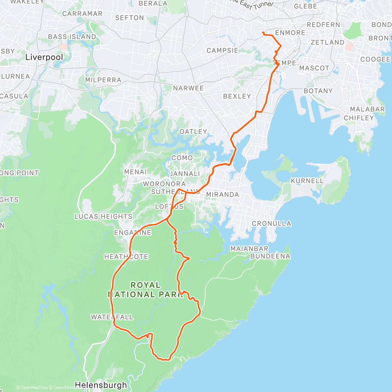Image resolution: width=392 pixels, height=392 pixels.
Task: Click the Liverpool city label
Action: (x=44, y=57)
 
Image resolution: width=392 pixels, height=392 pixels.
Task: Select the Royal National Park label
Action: (x=145, y=290)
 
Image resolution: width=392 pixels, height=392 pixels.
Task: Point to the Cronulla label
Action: (x=271, y=223)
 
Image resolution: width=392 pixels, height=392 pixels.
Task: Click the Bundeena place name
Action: (x=270, y=256)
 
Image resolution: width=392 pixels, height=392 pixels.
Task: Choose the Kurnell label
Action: (x=307, y=181)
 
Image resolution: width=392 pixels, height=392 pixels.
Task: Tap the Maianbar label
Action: (x=249, y=249)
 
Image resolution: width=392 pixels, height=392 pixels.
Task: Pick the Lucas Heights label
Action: (x=103, y=216)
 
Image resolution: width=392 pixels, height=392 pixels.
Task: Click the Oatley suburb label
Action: (x=193, y=131)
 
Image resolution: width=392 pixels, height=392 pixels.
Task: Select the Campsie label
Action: (x=222, y=51)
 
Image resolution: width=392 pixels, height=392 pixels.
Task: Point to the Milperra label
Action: (x=103, y=80)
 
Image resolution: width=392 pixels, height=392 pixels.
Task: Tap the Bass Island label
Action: (x=72, y=37)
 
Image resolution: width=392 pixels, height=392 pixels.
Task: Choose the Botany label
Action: (x=318, y=91)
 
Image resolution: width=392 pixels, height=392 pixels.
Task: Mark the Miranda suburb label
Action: (x=222, y=194)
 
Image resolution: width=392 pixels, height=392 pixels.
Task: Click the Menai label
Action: (x=136, y=171)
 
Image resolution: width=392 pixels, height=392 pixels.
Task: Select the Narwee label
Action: (x=188, y=88)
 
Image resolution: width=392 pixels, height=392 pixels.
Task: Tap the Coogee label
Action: (x=375, y=59)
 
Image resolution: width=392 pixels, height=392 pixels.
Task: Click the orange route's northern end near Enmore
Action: (x=263, y=32)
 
